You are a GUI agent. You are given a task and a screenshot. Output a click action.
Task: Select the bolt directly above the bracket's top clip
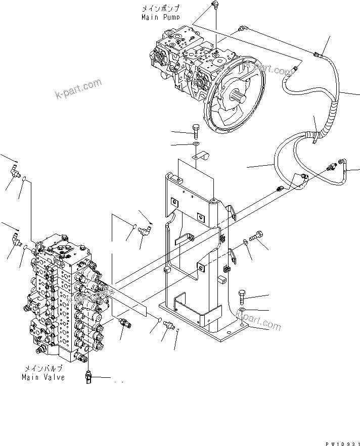tap(196, 130)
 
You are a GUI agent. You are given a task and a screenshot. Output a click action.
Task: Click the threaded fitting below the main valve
tap(88, 377)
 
